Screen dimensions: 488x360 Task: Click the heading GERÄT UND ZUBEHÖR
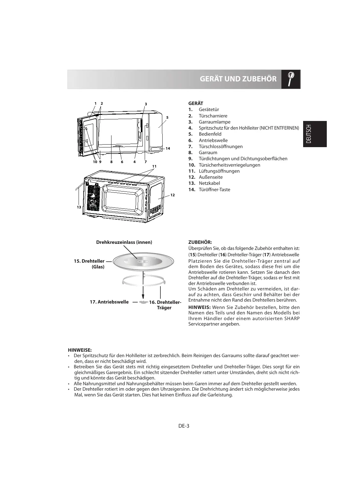238,79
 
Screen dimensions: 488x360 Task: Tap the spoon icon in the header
291,79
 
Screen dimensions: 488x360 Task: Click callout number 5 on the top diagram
167,117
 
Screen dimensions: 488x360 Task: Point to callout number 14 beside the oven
168,148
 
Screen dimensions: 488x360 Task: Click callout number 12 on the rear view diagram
172,195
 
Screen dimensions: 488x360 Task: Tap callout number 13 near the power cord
79,207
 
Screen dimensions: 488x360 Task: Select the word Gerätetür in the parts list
209,109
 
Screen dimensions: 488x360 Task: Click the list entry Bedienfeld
210,134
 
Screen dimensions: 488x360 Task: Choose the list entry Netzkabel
209,183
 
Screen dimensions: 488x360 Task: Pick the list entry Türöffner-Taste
214,190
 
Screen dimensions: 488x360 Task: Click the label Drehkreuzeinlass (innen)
124,242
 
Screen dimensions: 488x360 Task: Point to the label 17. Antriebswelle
109,302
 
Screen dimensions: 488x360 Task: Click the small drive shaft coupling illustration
143,302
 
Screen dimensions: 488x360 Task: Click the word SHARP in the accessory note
292,319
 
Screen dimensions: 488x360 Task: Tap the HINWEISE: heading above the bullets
80,350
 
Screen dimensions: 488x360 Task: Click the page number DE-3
184,425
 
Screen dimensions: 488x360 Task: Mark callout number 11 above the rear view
155,166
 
